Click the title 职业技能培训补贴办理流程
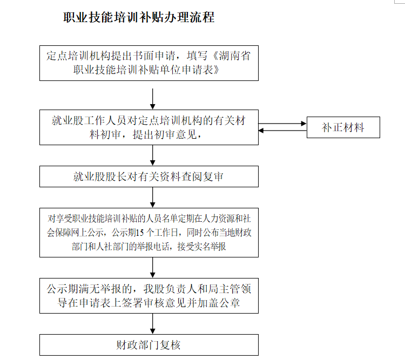point(139,17)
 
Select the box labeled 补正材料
point(343,127)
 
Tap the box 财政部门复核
point(149,345)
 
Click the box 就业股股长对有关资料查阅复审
point(149,176)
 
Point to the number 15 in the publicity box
point(140,233)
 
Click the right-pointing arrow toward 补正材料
point(282,124)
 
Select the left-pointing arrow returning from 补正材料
point(282,131)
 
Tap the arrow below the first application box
point(153,99)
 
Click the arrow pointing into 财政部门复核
point(153,324)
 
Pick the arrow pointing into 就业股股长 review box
point(153,155)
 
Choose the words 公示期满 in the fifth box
point(67,289)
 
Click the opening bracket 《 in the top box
point(214,56)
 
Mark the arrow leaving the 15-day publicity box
point(153,268)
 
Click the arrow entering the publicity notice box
point(153,198)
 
